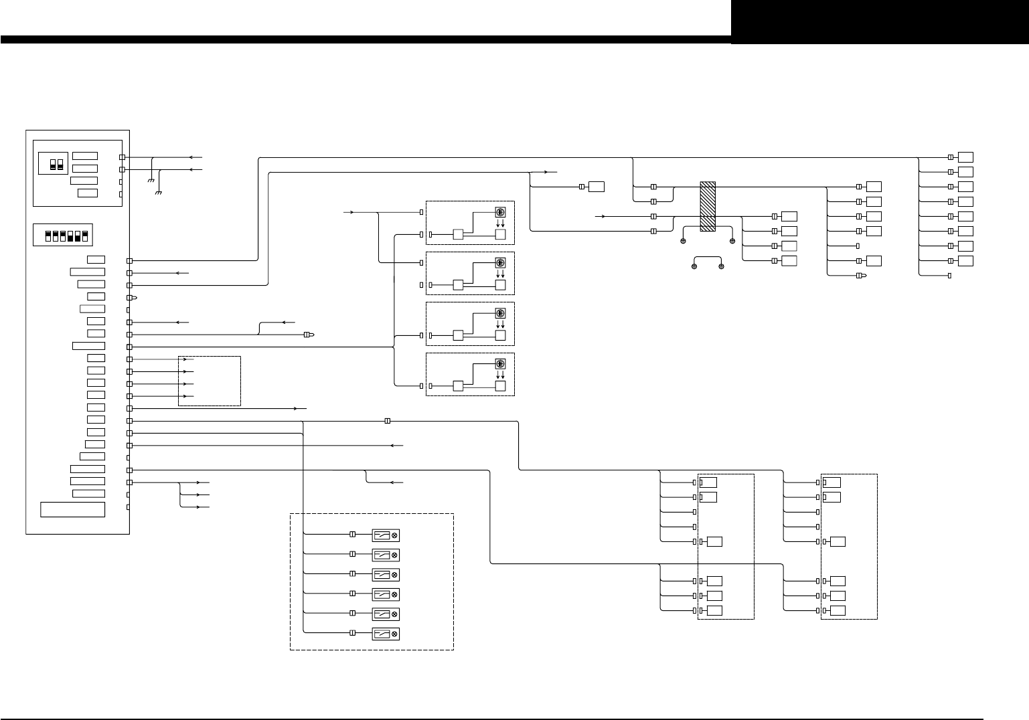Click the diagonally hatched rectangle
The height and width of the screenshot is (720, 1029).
[708, 206]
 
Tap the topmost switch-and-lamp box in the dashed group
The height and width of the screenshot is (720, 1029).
[385, 535]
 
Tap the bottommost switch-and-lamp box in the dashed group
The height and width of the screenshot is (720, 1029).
[385, 634]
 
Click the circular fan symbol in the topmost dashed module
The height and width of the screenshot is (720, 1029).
[500, 211]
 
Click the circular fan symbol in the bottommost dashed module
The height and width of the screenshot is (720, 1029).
[500, 364]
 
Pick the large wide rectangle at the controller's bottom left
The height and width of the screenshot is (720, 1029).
[73, 509]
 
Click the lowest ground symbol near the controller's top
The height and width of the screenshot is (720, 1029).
[159, 193]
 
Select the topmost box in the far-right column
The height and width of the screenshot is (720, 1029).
[965, 157]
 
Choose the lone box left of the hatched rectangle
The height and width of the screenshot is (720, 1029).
[597, 187]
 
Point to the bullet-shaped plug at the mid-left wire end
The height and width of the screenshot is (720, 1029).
[309, 335]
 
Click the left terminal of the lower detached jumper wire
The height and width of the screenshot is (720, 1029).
[694, 267]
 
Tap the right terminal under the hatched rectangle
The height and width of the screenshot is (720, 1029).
[732, 240]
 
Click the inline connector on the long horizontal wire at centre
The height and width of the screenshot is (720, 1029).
[388, 421]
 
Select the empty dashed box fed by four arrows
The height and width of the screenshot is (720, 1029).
[210, 381]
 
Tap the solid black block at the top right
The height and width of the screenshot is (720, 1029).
[880, 21]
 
